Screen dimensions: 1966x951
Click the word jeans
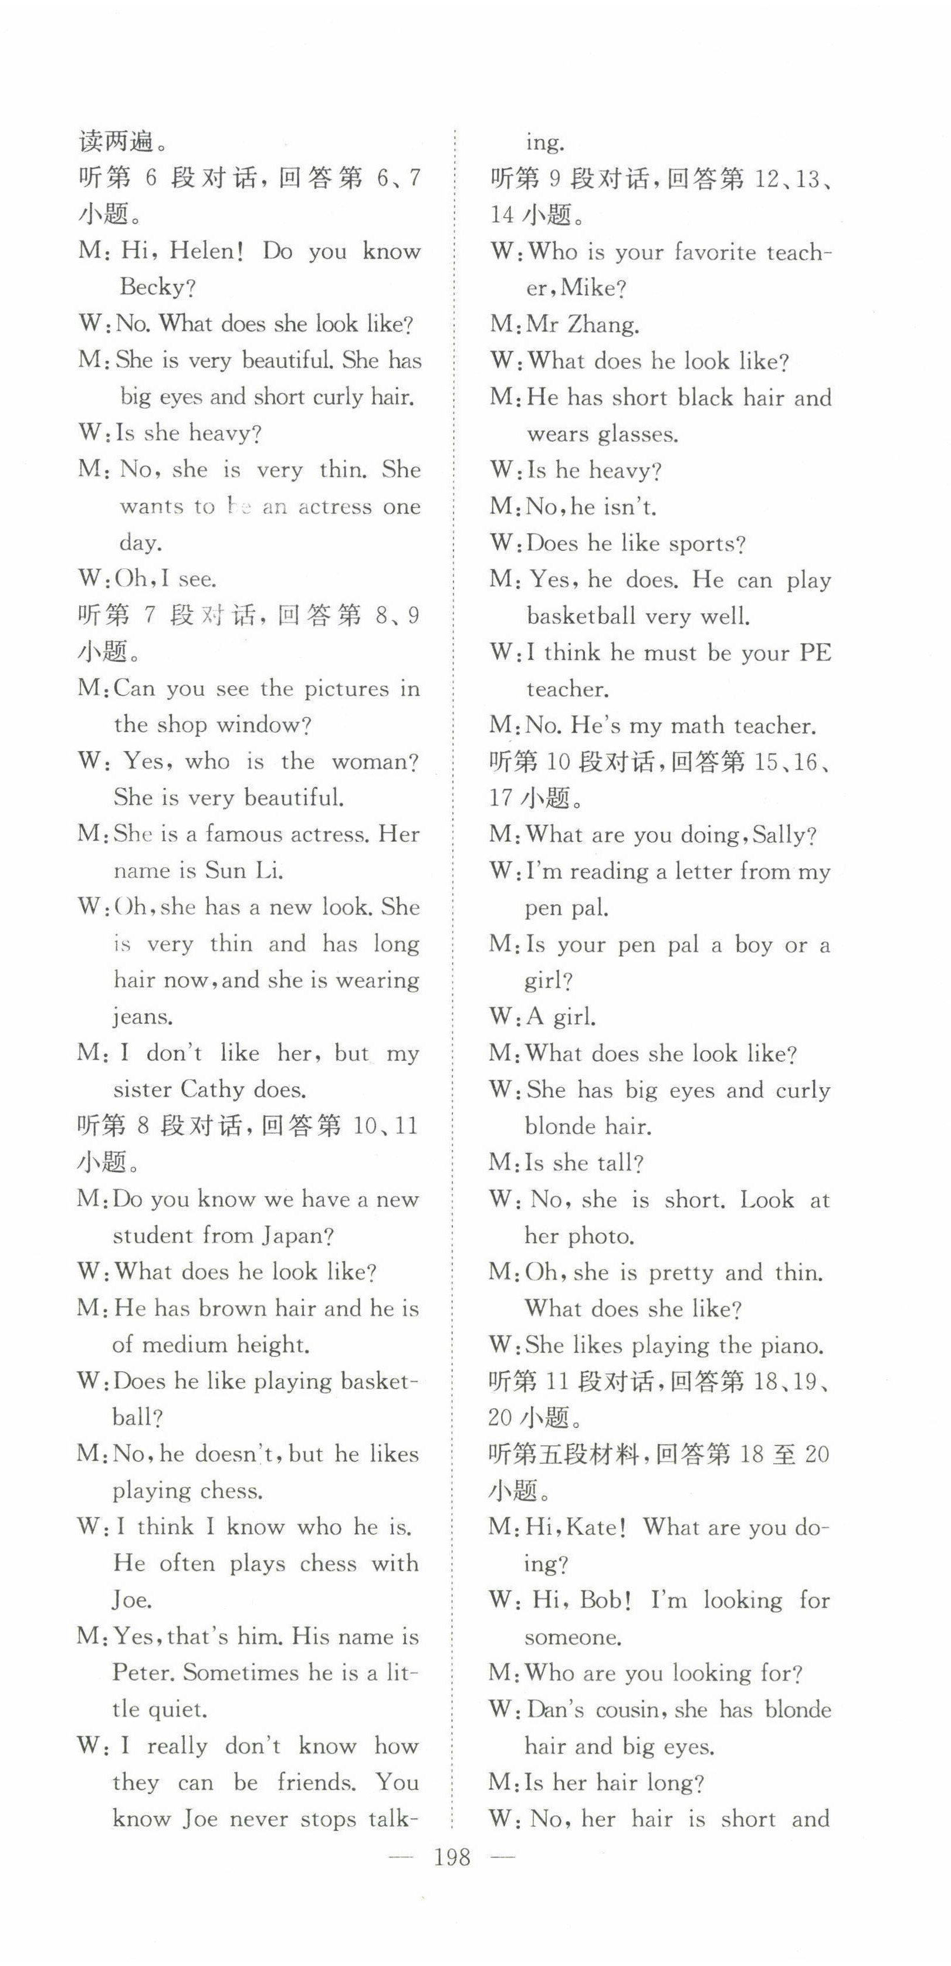pos(143,1017)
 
